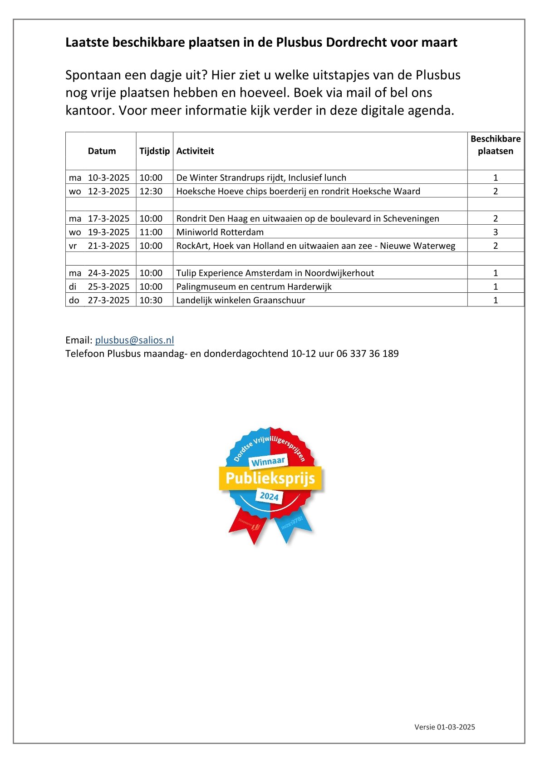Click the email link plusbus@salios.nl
point(134,340)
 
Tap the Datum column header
point(102,151)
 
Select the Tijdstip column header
point(154,151)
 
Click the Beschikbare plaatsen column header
point(496,145)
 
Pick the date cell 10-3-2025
point(108,177)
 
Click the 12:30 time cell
point(151,191)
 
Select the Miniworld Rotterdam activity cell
point(220,232)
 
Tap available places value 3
point(496,232)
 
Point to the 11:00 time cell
point(151,232)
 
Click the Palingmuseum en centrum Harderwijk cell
point(254,286)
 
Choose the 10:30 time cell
point(151,300)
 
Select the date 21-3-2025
point(108,246)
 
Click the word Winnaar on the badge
point(268,462)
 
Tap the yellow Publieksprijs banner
point(270,478)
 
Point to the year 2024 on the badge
point(269,496)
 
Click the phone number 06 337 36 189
point(368,354)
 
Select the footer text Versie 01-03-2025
point(445,727)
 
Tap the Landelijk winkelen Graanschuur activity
point(241,300)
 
